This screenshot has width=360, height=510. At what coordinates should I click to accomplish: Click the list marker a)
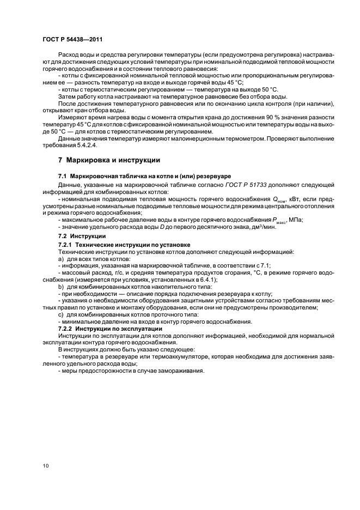click(61, 258)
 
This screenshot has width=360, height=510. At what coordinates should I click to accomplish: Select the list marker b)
click(61, 287)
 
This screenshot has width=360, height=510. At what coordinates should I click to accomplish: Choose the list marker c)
click(61, 315)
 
